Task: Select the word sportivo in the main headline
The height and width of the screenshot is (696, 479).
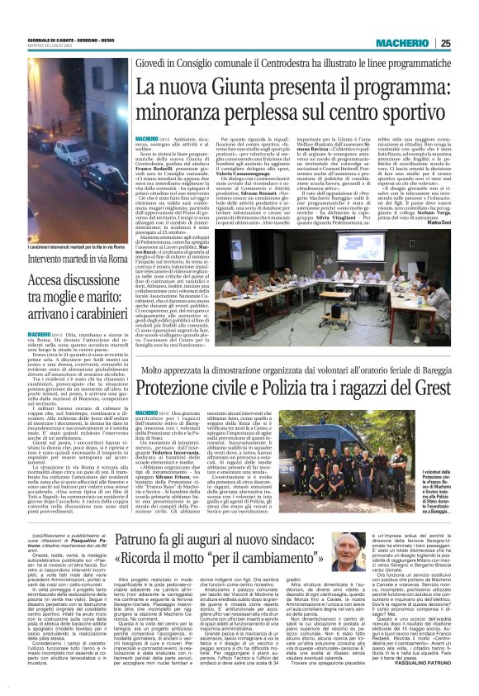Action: coord(399,107)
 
